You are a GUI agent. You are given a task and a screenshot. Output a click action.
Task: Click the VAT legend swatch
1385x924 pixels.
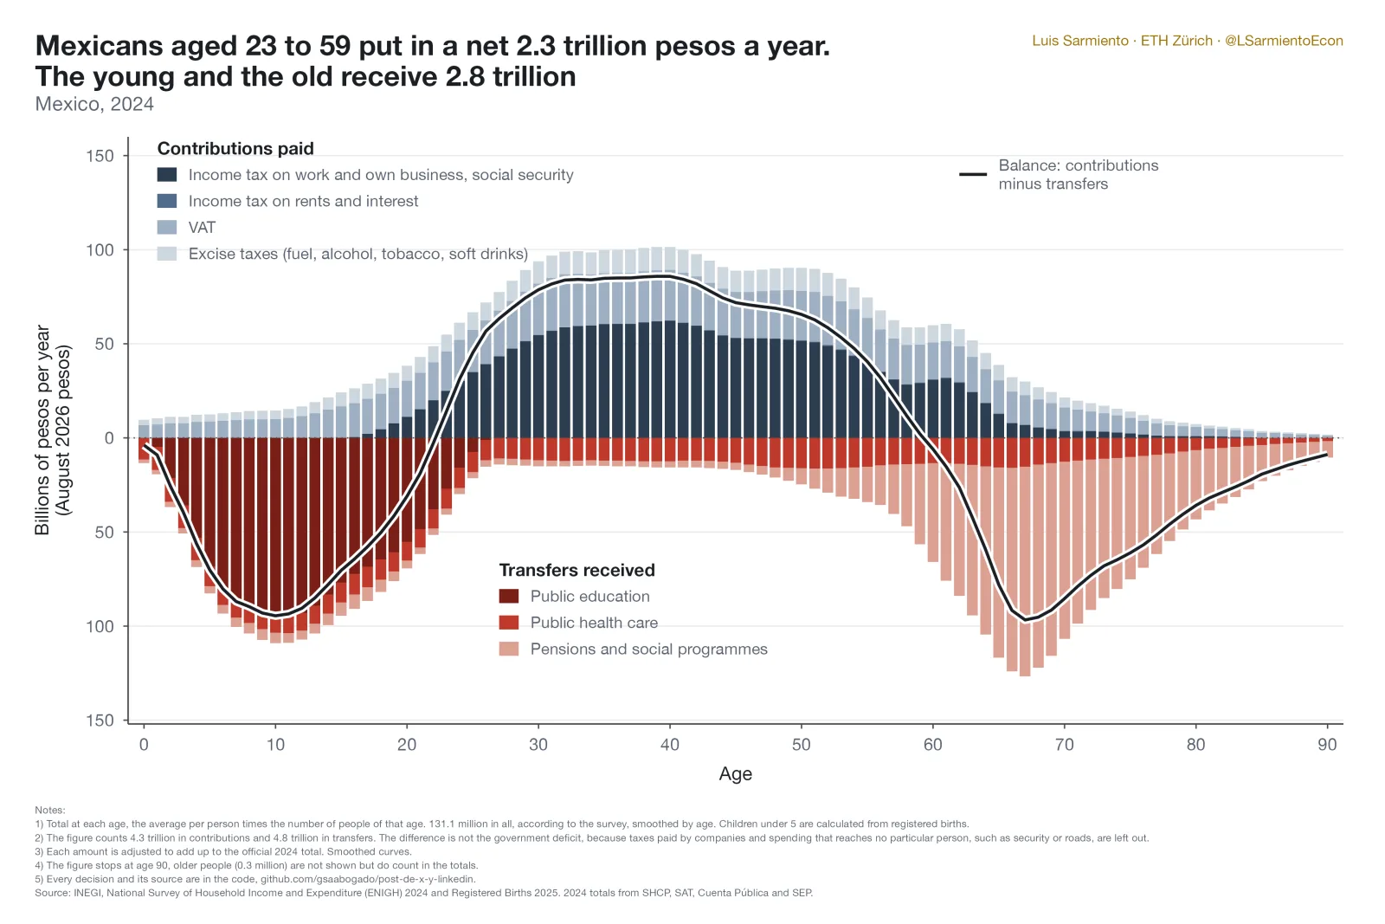coord(167,227)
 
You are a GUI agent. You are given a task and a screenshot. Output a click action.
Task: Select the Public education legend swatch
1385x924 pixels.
coord(509,596)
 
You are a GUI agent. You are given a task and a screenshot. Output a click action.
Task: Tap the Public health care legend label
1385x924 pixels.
coord(594,623)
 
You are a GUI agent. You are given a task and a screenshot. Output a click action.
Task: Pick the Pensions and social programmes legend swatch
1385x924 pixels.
coord(509,649)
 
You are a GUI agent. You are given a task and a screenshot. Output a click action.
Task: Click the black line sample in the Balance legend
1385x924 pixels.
coord(973,174)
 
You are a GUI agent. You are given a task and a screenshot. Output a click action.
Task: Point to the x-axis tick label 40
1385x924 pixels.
coord(670,744)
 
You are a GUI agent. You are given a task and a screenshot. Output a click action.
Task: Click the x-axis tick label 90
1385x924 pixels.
coord(1327,744)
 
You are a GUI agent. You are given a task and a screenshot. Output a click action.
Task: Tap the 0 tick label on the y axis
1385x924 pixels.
coord(109,438)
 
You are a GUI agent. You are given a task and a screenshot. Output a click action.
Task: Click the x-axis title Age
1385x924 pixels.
coord(735,773)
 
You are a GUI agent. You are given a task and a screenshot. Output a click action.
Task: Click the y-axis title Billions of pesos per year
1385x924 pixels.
coord(42,430)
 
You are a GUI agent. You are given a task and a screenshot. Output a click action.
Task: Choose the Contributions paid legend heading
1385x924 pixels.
coord(235,148)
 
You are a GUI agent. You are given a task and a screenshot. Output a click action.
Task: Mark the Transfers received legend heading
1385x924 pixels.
coord(577,570)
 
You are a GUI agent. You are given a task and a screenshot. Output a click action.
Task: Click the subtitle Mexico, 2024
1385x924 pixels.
coord(94,104)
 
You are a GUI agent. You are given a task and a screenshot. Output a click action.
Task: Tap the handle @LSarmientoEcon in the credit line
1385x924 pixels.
coord(1284,41)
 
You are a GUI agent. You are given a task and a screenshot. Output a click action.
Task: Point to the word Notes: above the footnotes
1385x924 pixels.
coord(50,811)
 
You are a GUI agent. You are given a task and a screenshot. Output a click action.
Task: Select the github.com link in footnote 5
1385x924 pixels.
coord(368,879)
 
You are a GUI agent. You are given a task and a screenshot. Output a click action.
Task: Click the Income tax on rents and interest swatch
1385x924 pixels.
coord(167,200)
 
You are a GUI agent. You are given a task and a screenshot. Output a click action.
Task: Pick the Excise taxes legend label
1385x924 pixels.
coord(358,254)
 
